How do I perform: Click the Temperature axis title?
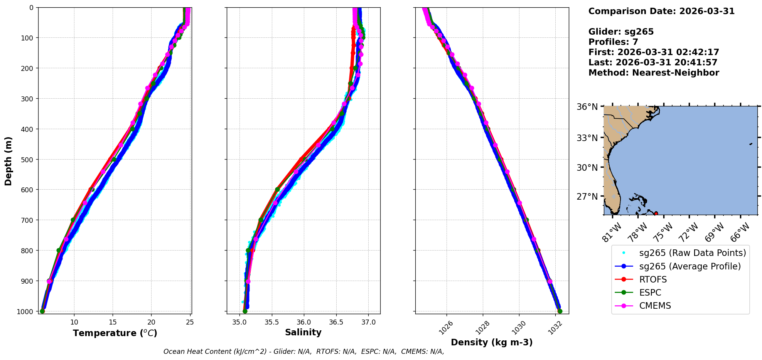tap(115, 333)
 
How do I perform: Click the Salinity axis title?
tap(303, 332)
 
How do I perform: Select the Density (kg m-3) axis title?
tap(492, 342)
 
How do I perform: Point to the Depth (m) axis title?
tap(8, 161)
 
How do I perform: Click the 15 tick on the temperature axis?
tap(113, 322)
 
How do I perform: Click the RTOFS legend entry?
tap(653, 279)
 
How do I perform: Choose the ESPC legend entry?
tap(650, 293)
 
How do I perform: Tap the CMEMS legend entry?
tap(655, 306)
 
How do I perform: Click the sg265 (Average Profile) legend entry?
tap(690, 266)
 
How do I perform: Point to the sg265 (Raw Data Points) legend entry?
tap(692, 253)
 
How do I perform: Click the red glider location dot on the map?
tap(656, 214)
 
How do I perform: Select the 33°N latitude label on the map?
tap(587, 138)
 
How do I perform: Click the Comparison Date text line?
tap(661, 11)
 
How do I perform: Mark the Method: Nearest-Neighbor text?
tap(654, 73)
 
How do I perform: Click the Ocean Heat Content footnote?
tap(303, 352)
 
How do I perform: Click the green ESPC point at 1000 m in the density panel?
tap(560, 311)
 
